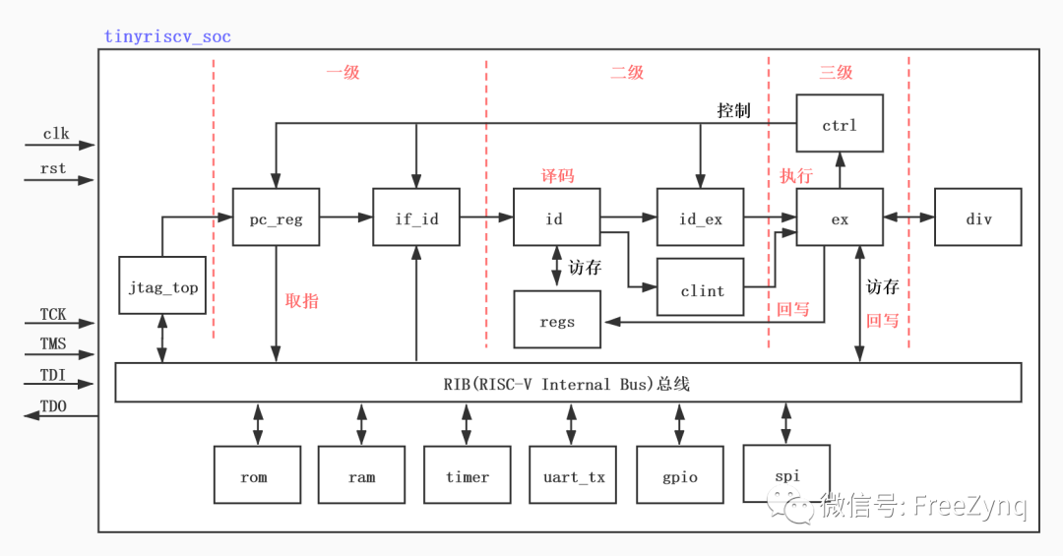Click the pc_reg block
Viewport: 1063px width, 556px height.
click(x=277, y=217)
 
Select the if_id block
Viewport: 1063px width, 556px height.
click(x=416, y=217)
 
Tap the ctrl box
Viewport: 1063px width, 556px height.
click(x=839, y=124)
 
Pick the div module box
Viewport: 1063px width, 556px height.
click(x=978, y=217)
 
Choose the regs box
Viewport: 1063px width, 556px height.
click(x=557, y=320)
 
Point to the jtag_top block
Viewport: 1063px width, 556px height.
click(x=162, y=285)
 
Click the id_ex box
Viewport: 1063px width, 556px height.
click(x=700, y=217)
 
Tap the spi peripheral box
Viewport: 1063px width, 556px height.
click(x=785, y=474)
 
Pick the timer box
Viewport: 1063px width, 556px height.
click(x=467, y=475)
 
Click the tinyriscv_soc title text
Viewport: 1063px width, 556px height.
click(x=167, y=36)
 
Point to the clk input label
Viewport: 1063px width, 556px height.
click(x=55, y=134)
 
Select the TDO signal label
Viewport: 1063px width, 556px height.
click(x=53, y=405)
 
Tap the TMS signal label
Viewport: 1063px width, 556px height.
click(x=53, y=344)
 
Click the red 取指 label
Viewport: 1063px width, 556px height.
click(x=302, y=301)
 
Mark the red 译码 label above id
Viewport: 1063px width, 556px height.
click(x=557, y=176)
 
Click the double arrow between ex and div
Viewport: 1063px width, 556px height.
click(x=908, y=217)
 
